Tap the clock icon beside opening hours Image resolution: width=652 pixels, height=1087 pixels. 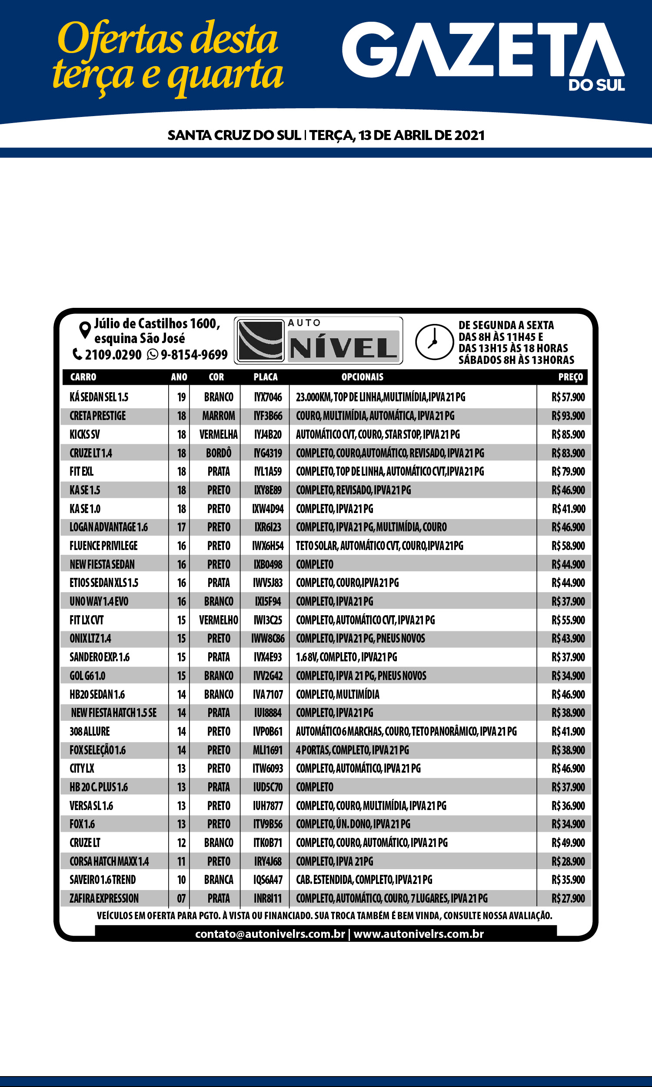(x=434, y=342)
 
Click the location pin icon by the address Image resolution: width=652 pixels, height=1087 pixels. (x=84, y=330)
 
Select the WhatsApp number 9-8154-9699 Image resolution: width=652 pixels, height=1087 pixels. (x=193, y=354)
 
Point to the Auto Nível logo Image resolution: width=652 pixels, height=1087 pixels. (x=318, y=340)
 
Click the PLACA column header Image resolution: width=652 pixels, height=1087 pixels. (x=266, y=377)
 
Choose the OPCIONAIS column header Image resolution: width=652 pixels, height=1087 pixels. (x=362, y=377)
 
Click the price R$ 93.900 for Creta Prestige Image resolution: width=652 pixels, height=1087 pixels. (x=568, y=416)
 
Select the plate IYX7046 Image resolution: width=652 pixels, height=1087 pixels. (x=268, y=397)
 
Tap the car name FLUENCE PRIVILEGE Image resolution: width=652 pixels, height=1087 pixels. (x=103, y=546)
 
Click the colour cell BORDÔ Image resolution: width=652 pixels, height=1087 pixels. (x=218, y=453)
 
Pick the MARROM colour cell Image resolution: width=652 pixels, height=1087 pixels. (x=218, y=416)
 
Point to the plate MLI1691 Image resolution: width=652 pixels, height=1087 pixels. (x=268, y=750)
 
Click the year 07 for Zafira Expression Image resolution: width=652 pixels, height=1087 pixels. (x=181, y=898)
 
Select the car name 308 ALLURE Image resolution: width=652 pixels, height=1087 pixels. (x=90, y=731)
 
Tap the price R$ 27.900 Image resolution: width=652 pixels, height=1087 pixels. (x=568, y=898)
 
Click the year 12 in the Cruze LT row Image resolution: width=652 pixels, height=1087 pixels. (x=181, y=843)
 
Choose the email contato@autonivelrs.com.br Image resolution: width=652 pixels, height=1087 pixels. (x=270, y=934)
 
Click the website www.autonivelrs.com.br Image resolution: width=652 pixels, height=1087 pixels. (x=418, y=934)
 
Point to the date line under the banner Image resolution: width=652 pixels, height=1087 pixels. (x=326, y=135)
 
